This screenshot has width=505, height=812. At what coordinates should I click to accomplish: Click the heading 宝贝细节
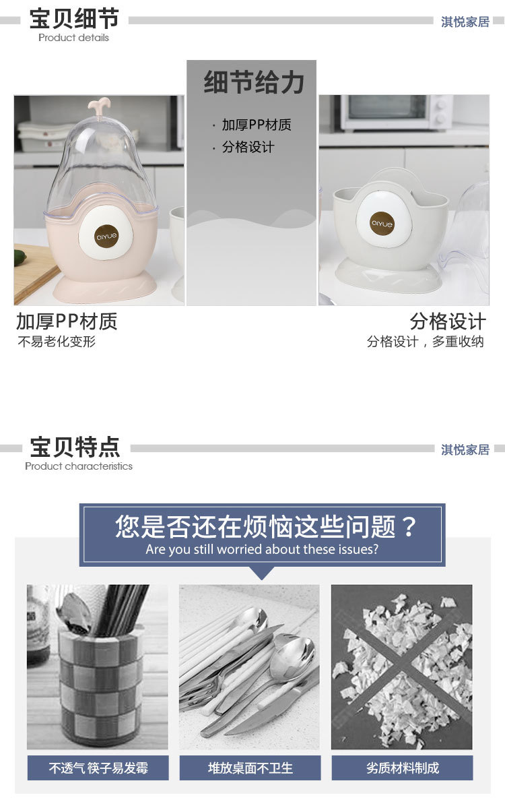click(x=74, y=19)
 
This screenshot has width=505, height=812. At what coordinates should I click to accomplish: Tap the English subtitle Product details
click(x=73, y=38)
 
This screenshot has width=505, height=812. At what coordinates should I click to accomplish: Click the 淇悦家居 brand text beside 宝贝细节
click(x=465, y=22)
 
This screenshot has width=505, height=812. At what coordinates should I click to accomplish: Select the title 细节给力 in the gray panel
click(x=254, y=83)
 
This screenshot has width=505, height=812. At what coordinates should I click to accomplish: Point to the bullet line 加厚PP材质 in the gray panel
click(x=257, y=125)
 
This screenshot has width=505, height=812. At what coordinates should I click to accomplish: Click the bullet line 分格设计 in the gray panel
click(x=248, y=147)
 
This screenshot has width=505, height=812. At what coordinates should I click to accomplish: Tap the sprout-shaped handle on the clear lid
click(x=99, y=106)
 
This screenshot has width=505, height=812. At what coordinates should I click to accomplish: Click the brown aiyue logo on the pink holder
click(x=106, y=237)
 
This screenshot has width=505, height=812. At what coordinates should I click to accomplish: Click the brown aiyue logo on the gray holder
click(x=382, y=224)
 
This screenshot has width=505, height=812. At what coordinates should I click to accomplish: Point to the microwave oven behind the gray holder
click(x=396, y=113)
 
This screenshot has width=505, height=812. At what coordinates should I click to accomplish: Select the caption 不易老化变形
click(x=57, y=342)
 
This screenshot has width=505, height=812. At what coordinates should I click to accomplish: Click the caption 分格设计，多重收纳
click(x=426, y=342)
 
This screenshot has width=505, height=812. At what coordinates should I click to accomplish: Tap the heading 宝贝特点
click(x=75, y=447)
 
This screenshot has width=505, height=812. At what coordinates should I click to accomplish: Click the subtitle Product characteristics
click(x=79, y=466)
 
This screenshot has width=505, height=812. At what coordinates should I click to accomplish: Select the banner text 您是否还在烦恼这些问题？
click(x=266, y=527)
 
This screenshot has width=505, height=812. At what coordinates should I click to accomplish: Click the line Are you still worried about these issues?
click(x=262, y=550)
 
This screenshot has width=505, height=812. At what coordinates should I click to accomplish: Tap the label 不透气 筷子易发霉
click(x=98, y=768)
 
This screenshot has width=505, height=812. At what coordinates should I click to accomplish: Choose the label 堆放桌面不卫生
click(x=250, y=768)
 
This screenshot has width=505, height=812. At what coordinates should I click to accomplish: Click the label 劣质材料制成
click(x=403, y=768)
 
